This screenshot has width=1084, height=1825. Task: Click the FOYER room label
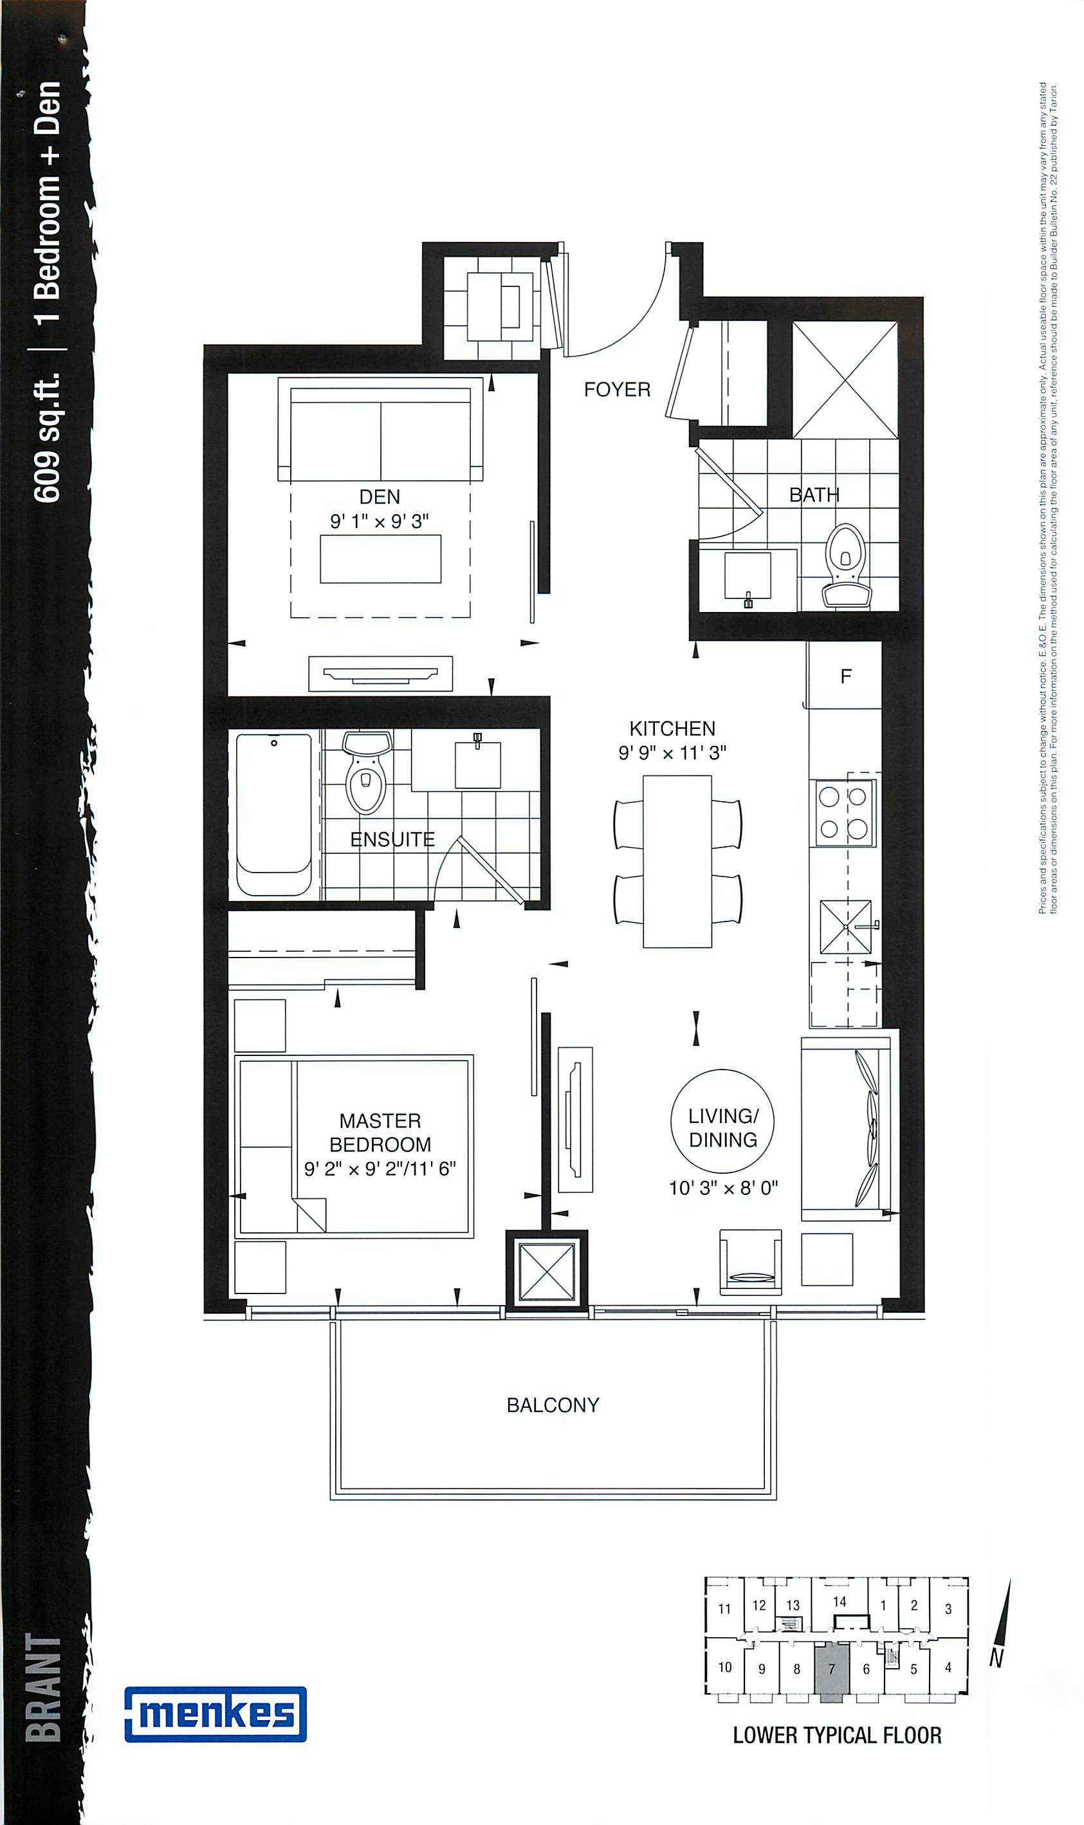(616, 389)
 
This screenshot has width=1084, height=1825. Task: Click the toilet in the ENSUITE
(367, 773)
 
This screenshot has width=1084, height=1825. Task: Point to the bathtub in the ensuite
(274, 814)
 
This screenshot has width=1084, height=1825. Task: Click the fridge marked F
(845, 676)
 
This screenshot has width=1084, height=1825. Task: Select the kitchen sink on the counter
(846, 927)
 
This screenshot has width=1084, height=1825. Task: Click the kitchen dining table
(677, 862)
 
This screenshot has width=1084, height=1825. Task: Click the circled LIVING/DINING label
(722, 1121)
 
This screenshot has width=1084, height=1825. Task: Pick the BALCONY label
(553, 1405)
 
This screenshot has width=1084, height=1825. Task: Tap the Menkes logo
(216, 1714)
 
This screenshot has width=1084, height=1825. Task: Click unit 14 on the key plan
(840, 1602)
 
